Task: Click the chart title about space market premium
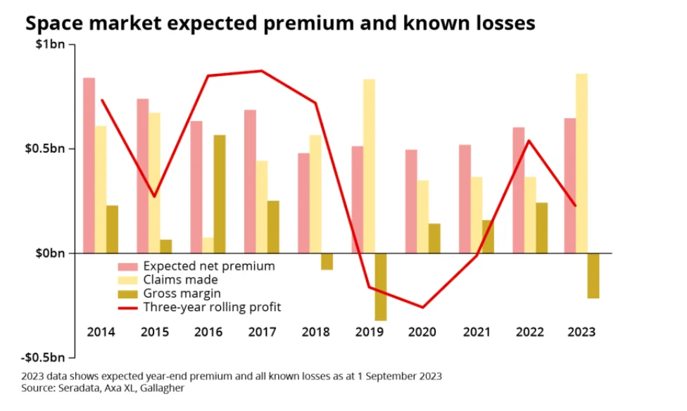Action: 280,23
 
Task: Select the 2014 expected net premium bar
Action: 89,165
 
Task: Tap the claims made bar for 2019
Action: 369,166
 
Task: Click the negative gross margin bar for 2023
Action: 593,275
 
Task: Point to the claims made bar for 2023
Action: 581,163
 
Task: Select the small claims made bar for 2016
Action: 208,245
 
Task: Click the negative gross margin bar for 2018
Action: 327,261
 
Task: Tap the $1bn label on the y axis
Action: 50,45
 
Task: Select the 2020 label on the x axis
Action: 422,332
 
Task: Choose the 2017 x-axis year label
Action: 262,332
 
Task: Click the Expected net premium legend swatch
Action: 127,266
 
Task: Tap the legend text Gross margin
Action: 182,293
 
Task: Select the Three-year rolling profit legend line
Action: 127,307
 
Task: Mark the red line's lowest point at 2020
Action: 423,308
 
